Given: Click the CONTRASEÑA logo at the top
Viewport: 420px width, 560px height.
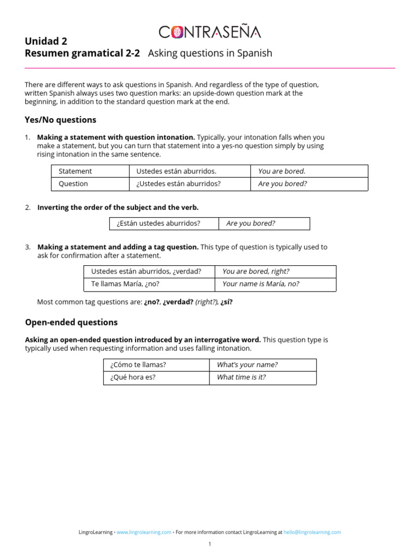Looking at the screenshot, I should click(x=210, y=32).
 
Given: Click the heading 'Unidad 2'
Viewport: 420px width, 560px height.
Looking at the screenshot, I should click(x=46, y=41).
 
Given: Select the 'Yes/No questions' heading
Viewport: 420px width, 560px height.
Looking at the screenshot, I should click(x=60, y=120).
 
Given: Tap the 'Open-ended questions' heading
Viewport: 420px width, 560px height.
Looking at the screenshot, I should click(x=71, y=322).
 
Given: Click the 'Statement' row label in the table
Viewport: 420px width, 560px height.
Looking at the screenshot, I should click(x=75, y=171).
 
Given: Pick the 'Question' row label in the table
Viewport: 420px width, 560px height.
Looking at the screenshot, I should click(x=73, y=184).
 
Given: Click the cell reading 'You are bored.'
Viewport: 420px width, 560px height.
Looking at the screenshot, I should click(x=282, y=171).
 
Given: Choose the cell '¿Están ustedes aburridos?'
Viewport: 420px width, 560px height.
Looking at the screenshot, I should click(x=159, y=223).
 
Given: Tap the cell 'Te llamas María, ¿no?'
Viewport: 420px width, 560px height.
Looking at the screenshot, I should click(x=125, y=284).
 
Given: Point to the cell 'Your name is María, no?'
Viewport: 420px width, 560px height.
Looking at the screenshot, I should click(x=261, y=284).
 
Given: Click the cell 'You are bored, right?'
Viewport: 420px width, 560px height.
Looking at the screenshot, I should click(x=256, y=271).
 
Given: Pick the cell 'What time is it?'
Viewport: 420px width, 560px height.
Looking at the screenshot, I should click(x=241, y=377).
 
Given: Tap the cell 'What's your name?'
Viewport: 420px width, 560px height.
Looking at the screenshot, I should click(x=247, y=365).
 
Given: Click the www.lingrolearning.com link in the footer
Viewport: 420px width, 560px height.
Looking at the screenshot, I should click(x=143, y=532).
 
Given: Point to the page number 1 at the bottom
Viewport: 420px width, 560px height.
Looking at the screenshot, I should click(x=209, y=544).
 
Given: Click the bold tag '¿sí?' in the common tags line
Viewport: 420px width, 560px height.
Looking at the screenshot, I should click(x=226, y=302).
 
